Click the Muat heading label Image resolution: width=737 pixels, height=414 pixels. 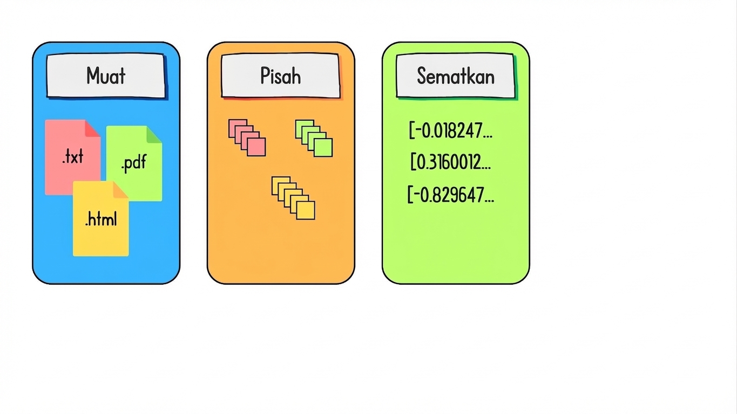106,76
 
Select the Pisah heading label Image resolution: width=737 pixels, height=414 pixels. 281,76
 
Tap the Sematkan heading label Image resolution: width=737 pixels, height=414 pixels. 456,76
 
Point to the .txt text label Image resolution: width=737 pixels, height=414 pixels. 73,156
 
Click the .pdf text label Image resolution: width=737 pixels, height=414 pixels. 133,163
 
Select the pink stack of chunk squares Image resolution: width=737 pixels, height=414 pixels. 247,137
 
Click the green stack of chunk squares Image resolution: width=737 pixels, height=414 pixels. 314,139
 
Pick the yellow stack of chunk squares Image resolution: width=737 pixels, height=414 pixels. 293,198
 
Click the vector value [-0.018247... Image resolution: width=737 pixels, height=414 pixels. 451,130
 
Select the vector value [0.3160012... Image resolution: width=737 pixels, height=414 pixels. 451,162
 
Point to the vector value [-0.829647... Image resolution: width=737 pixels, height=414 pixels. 451,195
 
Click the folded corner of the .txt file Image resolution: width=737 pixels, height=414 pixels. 93,128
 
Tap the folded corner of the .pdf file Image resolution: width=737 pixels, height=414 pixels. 154,134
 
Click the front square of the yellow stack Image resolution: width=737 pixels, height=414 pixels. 306,210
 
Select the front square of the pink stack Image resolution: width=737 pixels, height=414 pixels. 256,147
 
